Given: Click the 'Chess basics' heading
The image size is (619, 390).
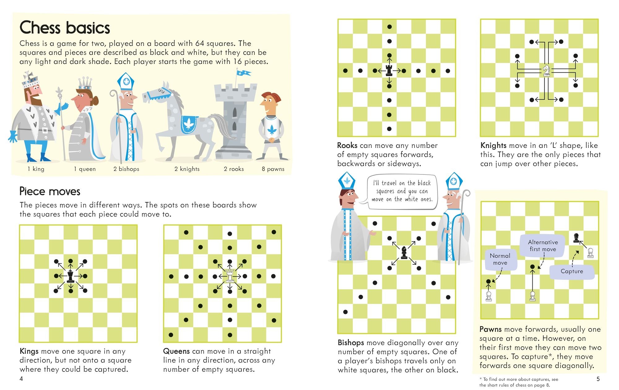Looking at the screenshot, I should pyautogui.click(x=65, y=28).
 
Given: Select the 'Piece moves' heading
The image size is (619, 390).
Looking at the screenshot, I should pyautogui.click(x=50, y=191).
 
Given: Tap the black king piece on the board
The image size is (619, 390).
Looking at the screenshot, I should pyautogui.click(x=71, y=276).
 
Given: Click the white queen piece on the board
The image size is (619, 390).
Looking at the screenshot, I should pyautogui.click(x=230, y=276).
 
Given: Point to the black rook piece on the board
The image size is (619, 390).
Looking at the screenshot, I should pyautogui.click(x=389, y=71).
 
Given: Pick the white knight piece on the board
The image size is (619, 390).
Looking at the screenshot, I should pyautogui.click(x=547, y=71).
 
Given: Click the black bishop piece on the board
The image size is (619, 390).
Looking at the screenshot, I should pyautogui.click(x=404, y=253).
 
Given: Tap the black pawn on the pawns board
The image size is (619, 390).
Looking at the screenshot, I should pyautogui.click(x=576, y=238).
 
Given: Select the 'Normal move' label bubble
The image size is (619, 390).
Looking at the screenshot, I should pyautogui.click(x=500, y=259).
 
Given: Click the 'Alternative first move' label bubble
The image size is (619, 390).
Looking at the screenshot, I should pyautogui.click(x=543, y=246).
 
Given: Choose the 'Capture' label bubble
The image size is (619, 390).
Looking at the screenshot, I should pyautogui.click(x=572, y=271).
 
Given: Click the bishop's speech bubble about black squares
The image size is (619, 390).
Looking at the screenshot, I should pyautogui.click(x=402, y=191).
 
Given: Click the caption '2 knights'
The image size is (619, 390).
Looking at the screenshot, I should pyautogui.click(x=187, y=169).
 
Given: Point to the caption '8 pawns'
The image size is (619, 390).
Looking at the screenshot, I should pyautogui.click(x=273, y=169).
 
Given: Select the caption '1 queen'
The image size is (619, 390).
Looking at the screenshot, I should pyautogui.click(x=85, y=169).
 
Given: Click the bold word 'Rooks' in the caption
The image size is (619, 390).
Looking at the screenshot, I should pyautogui.click(x=347, y=145).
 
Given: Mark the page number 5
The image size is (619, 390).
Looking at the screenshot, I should pyautogui.click(x=598, y=379).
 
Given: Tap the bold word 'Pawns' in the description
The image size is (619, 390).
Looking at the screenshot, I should pyautogui.click(x=491, y=329).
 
